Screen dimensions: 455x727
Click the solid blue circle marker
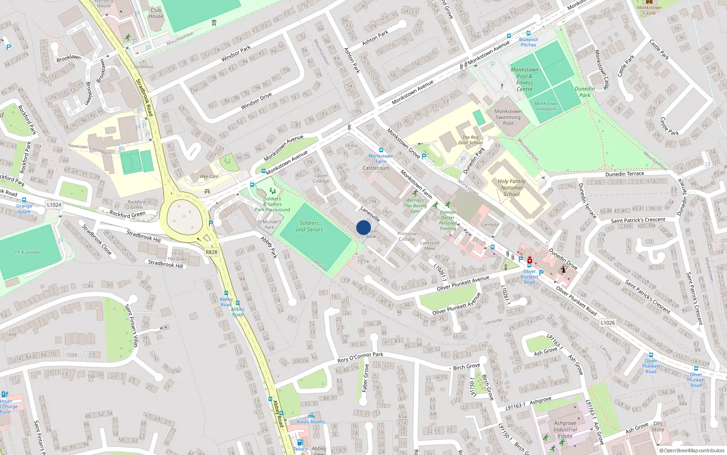click(363, 227)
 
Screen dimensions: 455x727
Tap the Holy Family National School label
click(512, 187)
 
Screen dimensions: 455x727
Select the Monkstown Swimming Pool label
click(508, 117)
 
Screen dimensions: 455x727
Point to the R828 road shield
click(211, 252)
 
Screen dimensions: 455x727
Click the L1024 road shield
click(54, 205)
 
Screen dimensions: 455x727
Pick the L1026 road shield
click(607, 323)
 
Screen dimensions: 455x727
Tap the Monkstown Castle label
click(649, 10)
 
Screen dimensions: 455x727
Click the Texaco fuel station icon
click(300, 442)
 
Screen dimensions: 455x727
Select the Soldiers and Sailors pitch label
click(309, 226)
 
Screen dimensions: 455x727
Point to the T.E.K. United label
click(27, 252)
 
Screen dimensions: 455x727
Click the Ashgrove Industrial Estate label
click(565, 430)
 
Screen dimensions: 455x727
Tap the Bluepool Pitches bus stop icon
click(528, 33)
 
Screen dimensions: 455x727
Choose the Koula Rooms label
click(311, 422)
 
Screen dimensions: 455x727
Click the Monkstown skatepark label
click(546, 106)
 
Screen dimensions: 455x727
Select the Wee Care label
click(209, 177)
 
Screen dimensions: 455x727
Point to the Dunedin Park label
click(585, 92)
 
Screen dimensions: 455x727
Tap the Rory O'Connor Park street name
click(360, 357)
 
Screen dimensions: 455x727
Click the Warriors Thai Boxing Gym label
click(415, 206)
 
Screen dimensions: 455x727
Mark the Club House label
click(156, 13)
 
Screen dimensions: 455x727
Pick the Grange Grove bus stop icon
click(24, 200)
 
